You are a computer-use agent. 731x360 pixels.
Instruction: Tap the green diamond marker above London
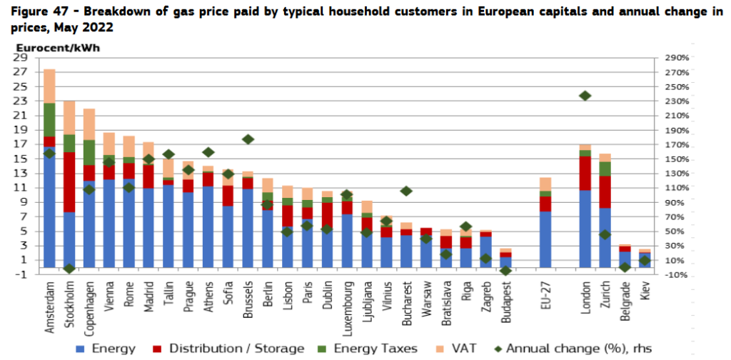coord(585,96)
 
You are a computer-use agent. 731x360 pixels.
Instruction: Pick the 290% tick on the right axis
coord(679,57)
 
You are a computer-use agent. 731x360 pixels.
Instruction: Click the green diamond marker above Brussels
coord(248,139)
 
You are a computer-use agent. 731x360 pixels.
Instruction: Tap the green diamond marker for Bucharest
coord(406,191)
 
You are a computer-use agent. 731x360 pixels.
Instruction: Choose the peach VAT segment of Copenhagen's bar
coord(89,124)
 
